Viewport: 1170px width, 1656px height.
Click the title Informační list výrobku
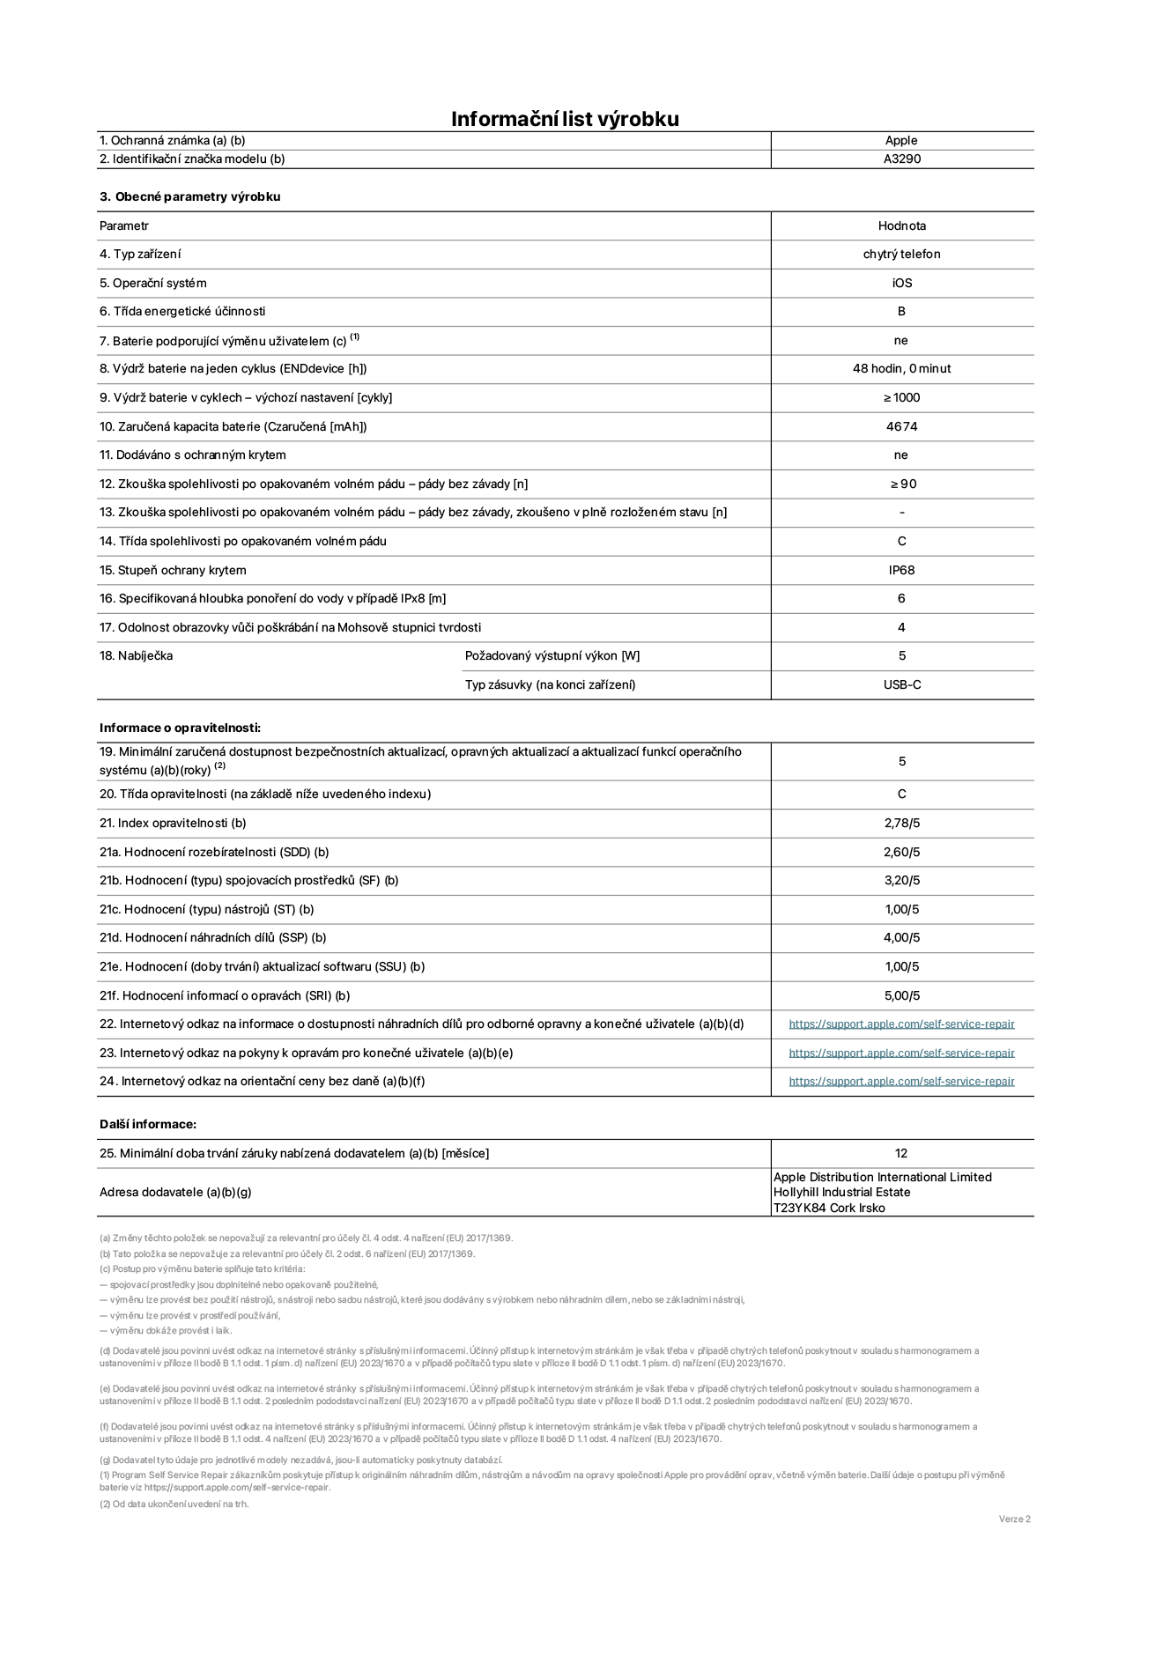point(565,119)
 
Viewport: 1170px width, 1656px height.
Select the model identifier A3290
point(901,159)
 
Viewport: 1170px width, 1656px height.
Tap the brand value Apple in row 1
point(901,140)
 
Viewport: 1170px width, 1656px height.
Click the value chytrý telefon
point(901,255)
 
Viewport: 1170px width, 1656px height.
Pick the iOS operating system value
point(901,283)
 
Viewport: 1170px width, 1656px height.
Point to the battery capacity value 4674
point(901,426)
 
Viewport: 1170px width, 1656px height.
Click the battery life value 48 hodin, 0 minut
point(901,369)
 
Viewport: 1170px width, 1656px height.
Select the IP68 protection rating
point(901,570)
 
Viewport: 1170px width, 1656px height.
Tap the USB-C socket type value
point(901,684)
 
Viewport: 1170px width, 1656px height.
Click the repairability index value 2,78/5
point(901,823)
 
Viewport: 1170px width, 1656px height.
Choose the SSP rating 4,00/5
point(901,937)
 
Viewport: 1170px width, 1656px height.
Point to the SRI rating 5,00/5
point(901,995)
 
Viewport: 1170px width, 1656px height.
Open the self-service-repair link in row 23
point(901,1053)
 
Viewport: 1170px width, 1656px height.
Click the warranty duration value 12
point(900,1153)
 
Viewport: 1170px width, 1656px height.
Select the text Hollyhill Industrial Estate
point(841,1192)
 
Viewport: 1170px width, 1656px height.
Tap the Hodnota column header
point(901,225)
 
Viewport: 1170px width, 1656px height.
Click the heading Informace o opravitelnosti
point(180,728)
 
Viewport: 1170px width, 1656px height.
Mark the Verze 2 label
point(1014,1519)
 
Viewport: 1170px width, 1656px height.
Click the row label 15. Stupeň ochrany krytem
point(173,570)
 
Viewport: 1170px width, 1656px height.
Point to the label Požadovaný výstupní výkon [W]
point(552,655)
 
